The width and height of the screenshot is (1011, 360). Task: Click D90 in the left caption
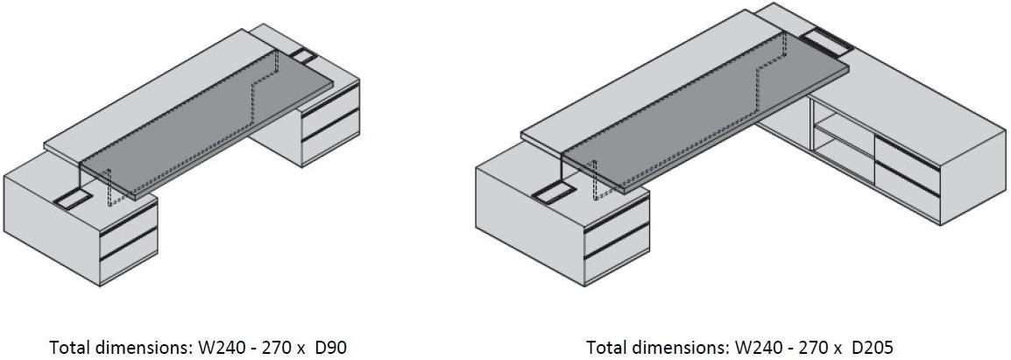331,348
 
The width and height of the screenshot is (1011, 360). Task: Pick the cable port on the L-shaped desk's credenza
827,40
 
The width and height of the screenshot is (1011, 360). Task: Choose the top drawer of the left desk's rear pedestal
331,104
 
